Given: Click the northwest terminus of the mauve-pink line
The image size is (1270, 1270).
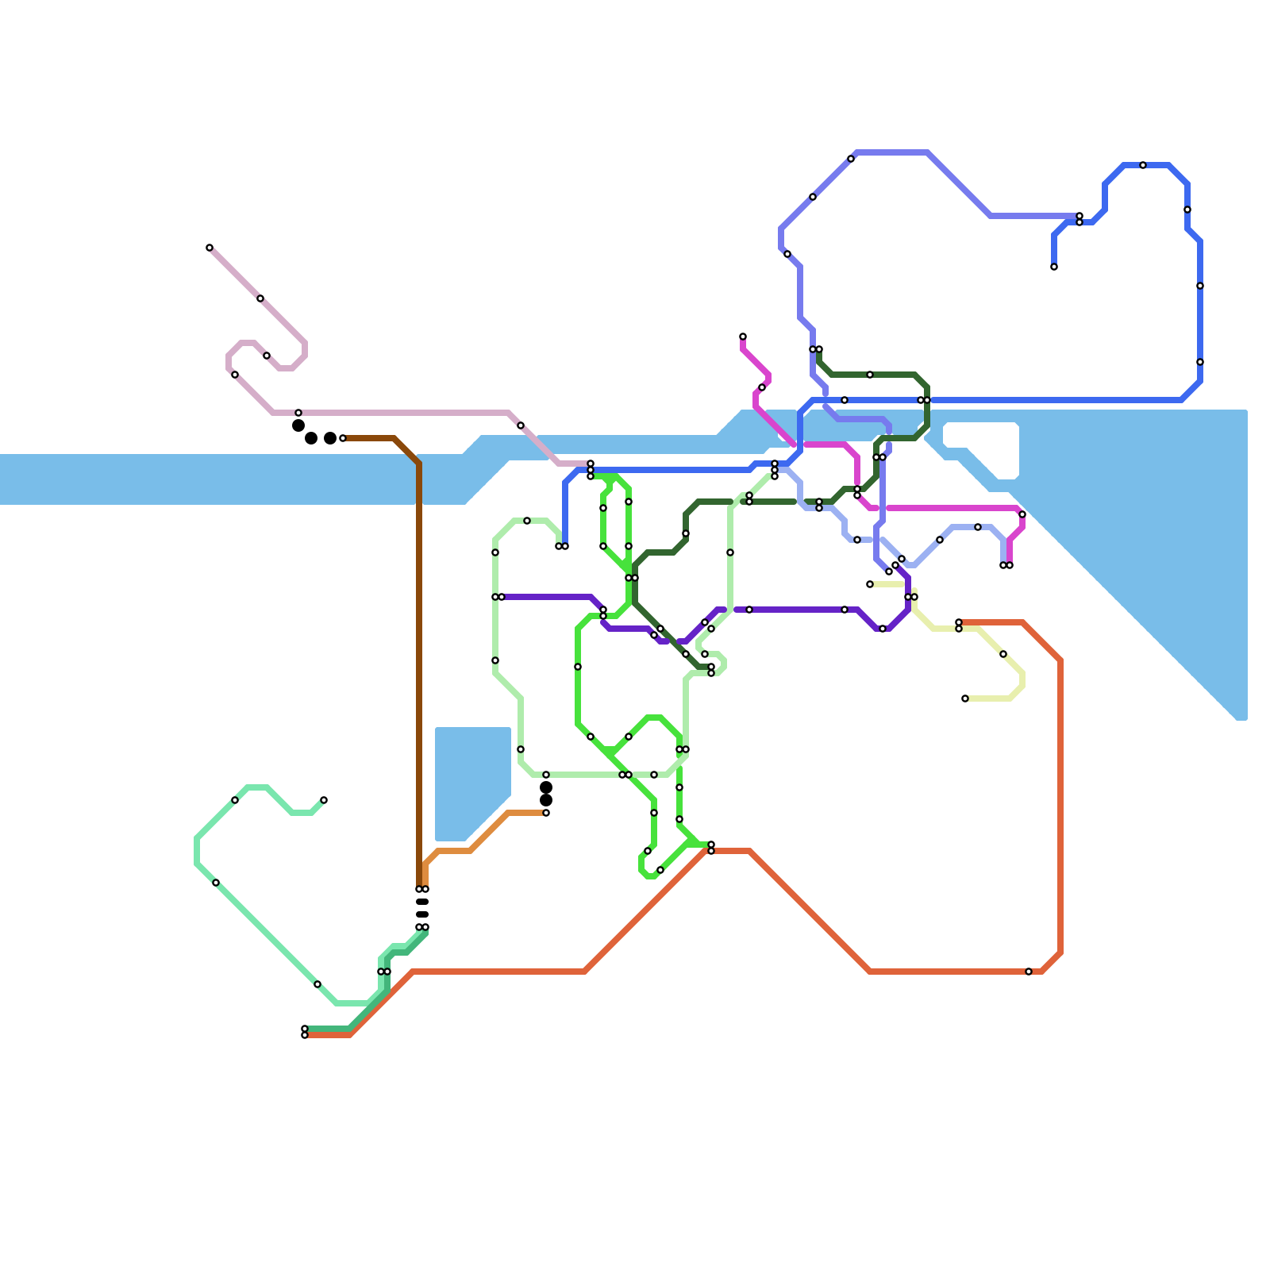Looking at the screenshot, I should pos(210,248).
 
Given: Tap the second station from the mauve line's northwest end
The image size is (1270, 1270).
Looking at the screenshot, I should pos(260,298).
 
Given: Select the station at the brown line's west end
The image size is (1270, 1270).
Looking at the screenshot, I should pos(343,438).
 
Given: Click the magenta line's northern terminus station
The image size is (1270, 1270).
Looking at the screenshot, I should pos(743,337).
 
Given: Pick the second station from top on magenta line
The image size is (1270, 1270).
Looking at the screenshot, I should pos(762,387).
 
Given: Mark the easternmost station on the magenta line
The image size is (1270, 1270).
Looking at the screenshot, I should pos(1022,514).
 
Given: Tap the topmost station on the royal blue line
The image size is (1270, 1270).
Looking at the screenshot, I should pos(1143,165).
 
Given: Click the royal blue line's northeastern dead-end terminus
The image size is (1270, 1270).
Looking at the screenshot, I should pos(1054,267).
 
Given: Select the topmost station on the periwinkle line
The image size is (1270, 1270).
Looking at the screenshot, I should pos(851,159).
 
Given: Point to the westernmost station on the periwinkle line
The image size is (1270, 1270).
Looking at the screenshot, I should pos(787,254).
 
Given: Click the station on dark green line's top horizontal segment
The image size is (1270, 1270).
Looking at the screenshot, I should pos(870,375).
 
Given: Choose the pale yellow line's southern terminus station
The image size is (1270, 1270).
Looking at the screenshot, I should pos(965,698).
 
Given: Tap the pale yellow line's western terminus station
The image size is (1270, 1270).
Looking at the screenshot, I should pos(870,584).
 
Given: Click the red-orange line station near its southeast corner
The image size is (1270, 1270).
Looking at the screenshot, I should pos(1029,972).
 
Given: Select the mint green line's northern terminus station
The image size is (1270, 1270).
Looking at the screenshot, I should pos(324,800).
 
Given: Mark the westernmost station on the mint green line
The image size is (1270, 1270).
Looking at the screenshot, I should pos(216,883).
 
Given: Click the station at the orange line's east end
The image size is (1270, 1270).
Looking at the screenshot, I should pos(546,813).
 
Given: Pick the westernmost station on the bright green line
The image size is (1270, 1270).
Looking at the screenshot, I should pos(578,667).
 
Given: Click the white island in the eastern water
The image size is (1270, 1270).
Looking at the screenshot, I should pos(981,449).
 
